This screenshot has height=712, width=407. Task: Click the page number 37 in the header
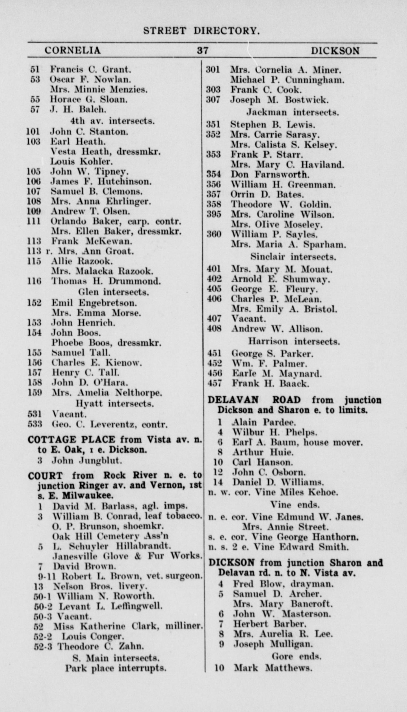[x=203, y=50]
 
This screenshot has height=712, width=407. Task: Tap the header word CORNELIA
[x=73, y=50]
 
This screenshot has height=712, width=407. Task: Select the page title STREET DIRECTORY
[x=201, y=31]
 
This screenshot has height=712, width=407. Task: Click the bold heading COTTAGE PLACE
[x=72, y=440]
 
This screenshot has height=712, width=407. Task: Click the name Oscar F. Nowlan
[x=90, y=79]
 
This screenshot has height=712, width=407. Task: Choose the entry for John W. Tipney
[x=90, y=172]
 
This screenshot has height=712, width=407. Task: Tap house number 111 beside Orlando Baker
[x=34, y=221]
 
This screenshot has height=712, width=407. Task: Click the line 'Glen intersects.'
[x=113, y=292]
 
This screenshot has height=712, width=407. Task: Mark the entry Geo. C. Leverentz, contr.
[x=110, y=424]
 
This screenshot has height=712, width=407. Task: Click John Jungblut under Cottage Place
[x=87, y=461]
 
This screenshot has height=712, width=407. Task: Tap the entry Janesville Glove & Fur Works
[x=127, y=556]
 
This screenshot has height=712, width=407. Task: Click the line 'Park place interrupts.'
[x=116, y=668]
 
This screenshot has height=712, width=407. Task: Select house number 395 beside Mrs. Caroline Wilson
[x=214, y=214]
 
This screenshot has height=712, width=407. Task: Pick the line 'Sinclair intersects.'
[x=293, y=257]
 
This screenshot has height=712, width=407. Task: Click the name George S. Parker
[x=272, y=353]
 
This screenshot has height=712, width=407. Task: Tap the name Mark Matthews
[x=273, y=668]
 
